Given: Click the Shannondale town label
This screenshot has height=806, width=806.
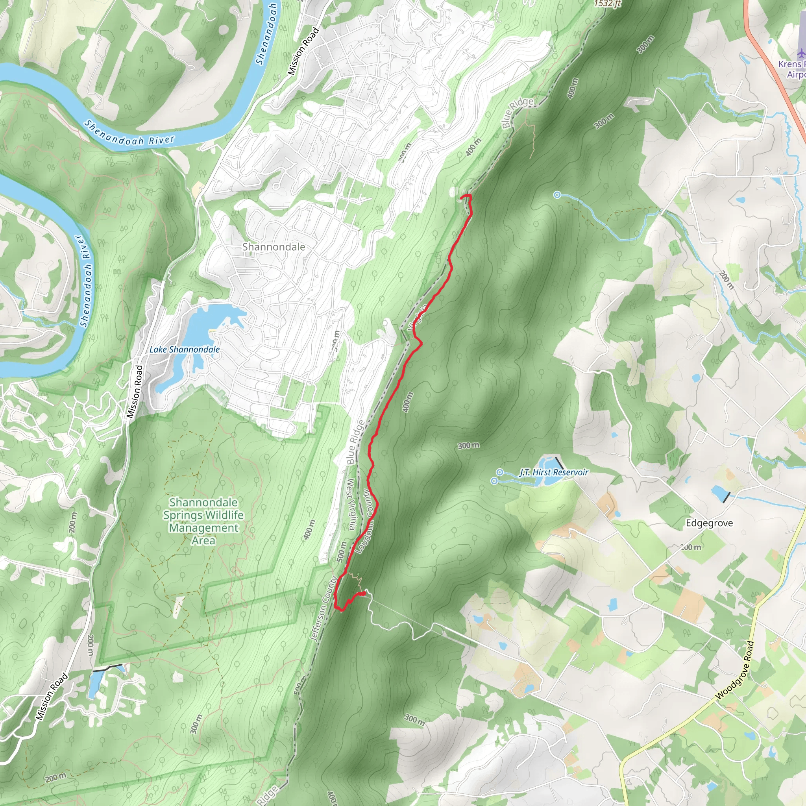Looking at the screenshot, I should tap(273, 247).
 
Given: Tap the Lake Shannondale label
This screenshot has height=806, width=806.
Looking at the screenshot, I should tap(185, 349).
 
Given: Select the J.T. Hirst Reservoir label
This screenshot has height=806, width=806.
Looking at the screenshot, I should tap(554, 472).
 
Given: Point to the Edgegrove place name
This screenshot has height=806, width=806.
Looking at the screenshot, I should tap(709, 523).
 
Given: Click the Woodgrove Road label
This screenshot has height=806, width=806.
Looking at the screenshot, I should tap(735, 670).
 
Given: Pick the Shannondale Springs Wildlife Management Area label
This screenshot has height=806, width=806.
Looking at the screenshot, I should tap(203, 521).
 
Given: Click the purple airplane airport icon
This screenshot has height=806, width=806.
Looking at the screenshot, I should tap(800, 54).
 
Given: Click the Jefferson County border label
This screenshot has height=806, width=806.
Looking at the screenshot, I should tap(324, 608).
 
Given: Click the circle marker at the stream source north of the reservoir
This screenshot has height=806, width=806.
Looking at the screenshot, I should tap(557, 195).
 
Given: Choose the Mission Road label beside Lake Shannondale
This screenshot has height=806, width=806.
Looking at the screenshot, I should tap(135, 391).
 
